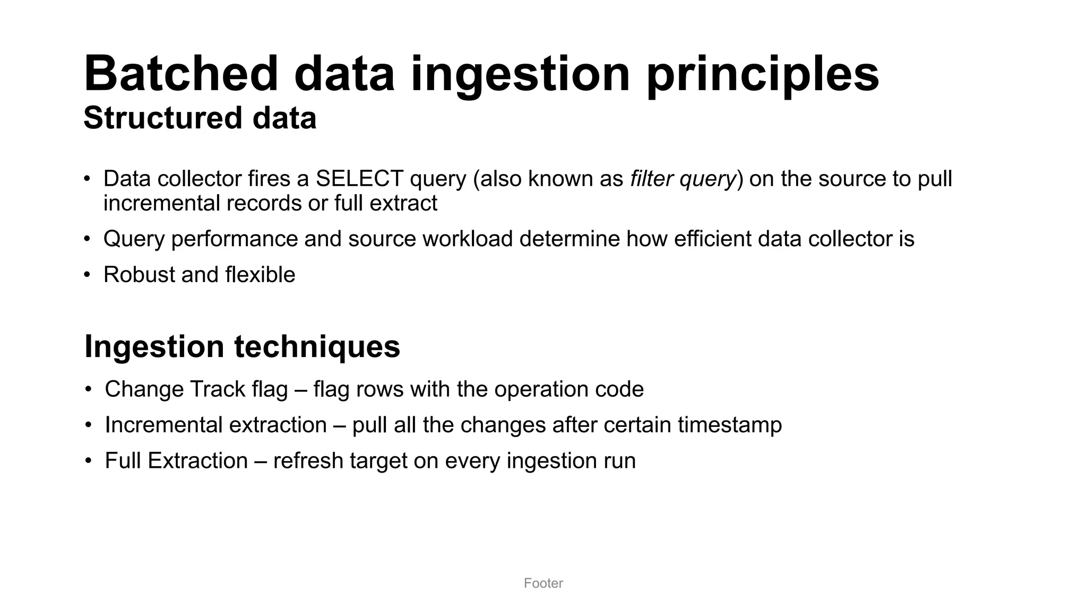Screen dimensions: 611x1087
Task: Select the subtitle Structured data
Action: [200, 118]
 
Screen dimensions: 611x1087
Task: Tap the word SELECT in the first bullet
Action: [359, 179]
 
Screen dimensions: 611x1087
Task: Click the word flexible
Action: [260, 275]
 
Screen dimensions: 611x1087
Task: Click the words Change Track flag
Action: [196, 389]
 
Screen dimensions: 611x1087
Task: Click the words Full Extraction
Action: [176, 460]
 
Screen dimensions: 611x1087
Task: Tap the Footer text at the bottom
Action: [543, 583]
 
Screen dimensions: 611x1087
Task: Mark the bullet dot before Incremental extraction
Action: [89, 425]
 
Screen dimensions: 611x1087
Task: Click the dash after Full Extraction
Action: [260, 461]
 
